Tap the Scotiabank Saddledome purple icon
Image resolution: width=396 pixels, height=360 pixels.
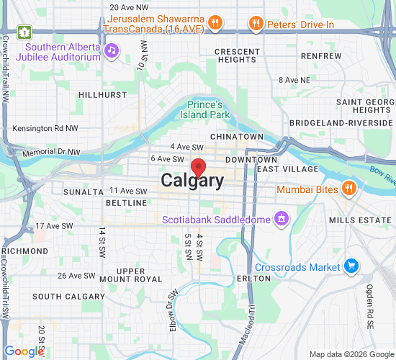pyautogui.click(x=282, y=218)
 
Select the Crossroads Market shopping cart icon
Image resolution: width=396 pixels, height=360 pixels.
pyautogui.click(x=351, y=266)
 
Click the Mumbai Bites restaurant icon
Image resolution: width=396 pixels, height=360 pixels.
pyautogui.click(x=349, y=189)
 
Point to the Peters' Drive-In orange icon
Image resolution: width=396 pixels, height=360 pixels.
pyautogui.click(x=255, y=24)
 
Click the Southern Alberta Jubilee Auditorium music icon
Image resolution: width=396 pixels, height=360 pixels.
pyautogui.click(x=111, y=50)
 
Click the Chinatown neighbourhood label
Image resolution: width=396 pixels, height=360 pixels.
pyautogui.click(x=237, y=136)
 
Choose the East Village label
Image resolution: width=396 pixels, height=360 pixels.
pyautogui.click(x=287, y=168)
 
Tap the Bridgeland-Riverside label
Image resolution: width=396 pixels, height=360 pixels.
pyautogui.click(x=343, y=123)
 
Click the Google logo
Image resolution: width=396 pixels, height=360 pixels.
pyautogui.click(x=24, y=351)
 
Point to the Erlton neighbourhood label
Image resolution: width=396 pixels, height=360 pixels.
pyautogui.click(x=253, y=278)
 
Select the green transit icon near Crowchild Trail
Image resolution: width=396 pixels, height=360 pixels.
pyautogui.click(x=25, y=32)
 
